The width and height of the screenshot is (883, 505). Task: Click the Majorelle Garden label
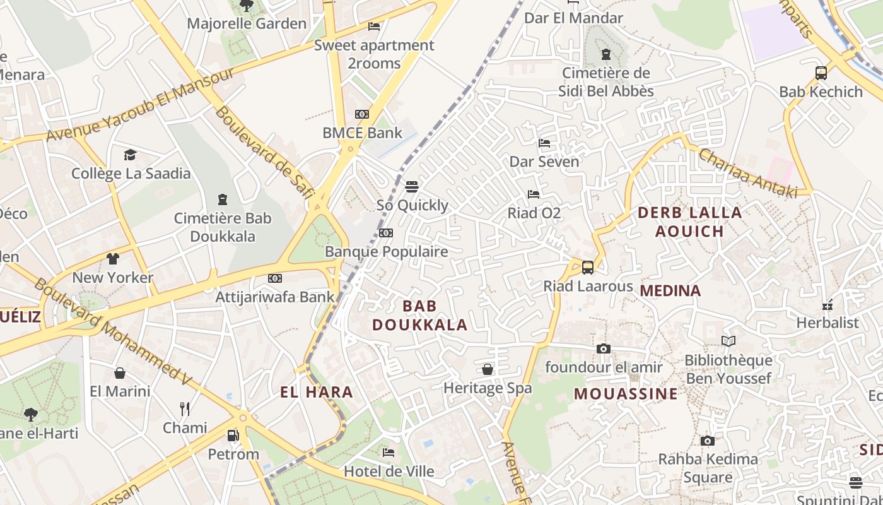click(247, 24)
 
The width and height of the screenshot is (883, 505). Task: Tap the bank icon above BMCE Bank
click(361, 114)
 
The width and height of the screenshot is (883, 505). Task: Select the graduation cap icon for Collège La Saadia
click(130, 155)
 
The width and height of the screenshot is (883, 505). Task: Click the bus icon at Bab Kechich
click(821, 73)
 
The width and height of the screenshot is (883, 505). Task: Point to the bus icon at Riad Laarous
click(587, 267)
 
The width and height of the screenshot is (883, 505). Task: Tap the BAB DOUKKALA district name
click(419, 315)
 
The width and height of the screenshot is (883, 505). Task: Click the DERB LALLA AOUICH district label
click(689, 222)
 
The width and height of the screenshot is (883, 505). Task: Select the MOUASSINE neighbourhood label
click(626, 394)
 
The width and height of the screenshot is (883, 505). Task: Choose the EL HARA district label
click(317, 392)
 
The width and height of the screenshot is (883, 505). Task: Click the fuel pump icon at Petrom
click(233, 436)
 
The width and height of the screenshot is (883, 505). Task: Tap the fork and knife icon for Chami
click(185, 409)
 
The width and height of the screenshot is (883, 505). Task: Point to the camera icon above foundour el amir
click(604, 348)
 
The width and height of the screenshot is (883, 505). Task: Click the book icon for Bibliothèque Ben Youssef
click(728, 342)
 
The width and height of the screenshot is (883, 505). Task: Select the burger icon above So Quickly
click(412, 186)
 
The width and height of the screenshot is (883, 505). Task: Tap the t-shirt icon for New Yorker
click(113, 259)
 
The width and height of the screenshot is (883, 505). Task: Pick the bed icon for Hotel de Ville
click(389, 453)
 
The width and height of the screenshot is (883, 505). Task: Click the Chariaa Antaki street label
click(747, 173)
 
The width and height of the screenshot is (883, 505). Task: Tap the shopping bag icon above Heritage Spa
click(488, 369)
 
